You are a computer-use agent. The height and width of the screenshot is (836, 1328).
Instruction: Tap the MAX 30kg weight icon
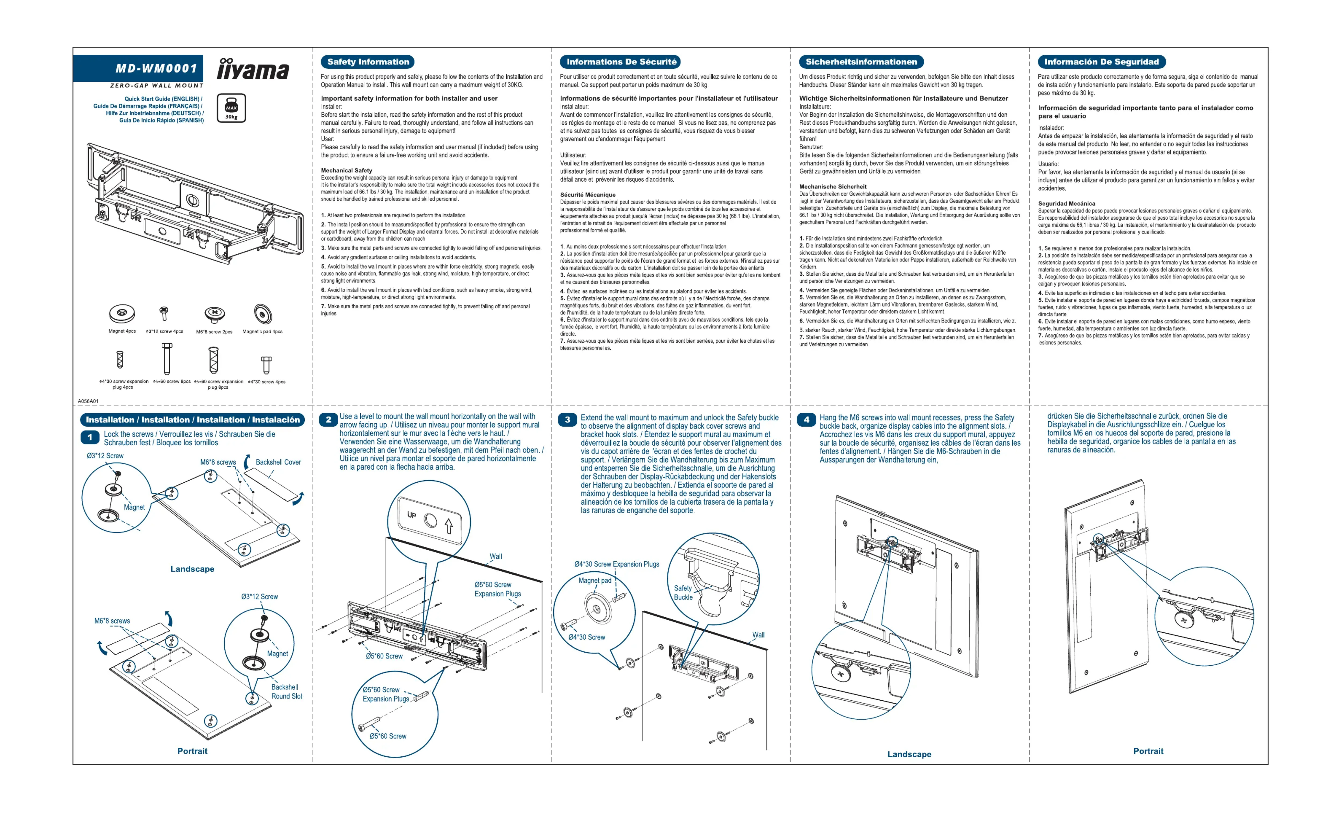click(x=231, y=108)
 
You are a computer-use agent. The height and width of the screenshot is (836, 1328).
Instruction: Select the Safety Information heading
click(x=368, y=62)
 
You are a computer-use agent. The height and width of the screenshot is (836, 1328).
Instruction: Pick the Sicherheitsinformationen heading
click(x=861, y=62)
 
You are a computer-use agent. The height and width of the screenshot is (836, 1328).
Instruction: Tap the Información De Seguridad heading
click(x=1101, y=62)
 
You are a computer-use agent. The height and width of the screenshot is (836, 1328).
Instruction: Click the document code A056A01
click(x=88, y=401)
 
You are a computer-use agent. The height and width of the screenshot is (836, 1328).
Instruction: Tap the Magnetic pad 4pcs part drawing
click(x=262, y=314)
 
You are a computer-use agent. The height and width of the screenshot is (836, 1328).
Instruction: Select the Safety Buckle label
click(x=683, y=593)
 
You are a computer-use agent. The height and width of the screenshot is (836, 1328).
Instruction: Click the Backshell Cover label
click(x=278, y=462)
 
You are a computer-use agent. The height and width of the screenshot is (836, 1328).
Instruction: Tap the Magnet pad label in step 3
click(x=594, y=581)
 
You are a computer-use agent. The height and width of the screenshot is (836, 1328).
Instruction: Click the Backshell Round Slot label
click(x=286, y=692)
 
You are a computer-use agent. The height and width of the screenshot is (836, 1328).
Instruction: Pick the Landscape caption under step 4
click(x=909, y=754)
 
